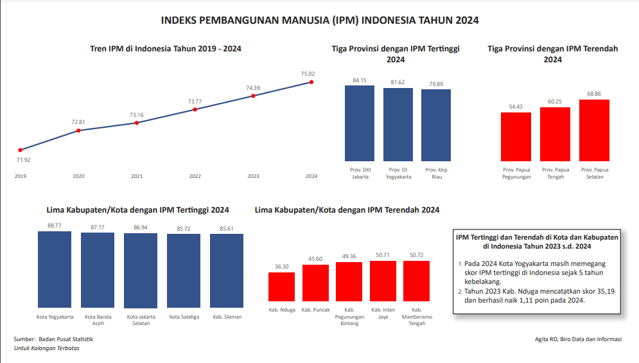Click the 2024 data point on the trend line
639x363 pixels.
[x=311, y=82]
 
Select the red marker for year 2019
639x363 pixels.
[x=20, y=150]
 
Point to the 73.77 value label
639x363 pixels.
[x=195, y=101]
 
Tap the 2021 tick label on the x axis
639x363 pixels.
[x=137, y=176]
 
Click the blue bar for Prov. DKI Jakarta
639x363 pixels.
[x=360, y=123]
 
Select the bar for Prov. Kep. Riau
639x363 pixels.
[x=436, y=125]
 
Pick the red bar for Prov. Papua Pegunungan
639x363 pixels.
[x=516, y=137]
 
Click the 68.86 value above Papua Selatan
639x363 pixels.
[x=594, y=94]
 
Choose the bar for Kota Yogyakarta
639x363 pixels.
[x=55, y=270]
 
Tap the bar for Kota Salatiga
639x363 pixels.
[x=184, y=271]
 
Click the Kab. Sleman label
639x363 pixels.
[x=227, y=317]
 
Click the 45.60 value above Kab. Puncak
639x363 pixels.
[x=315, y=259]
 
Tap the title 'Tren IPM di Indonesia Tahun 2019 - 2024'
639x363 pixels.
[x=166, y=48]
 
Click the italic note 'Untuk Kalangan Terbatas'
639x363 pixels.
[x=47, y=348]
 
